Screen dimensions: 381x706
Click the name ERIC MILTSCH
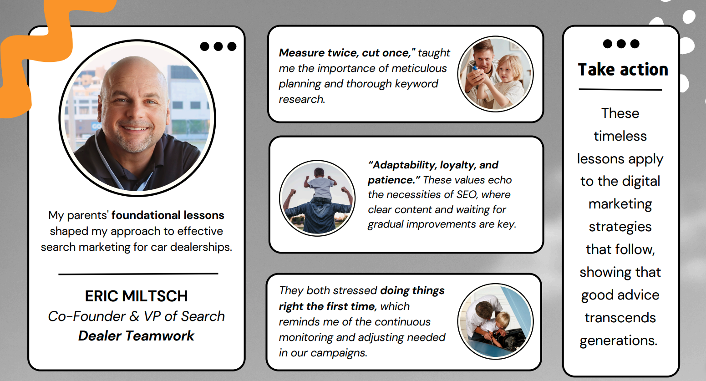[x=136, y=296]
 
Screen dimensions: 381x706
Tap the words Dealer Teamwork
[x=136, y=336]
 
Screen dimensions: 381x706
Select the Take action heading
[x=623, y=70]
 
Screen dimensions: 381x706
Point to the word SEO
[x=466, y=195]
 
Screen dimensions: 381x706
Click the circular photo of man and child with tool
[x=495, y=74]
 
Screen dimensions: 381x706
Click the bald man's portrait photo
[x=137, y=118]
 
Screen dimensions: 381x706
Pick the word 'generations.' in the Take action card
[x=618, y=340]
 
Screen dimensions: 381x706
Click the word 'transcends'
[x=620, y=318]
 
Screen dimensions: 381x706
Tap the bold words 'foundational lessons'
[x=168, y=215]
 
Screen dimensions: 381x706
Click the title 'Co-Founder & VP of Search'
[x=136, y=316]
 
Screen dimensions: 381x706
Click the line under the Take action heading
[x=620, y=90]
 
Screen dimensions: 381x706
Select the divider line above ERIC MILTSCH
[x=138, y=274]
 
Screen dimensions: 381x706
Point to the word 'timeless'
[x=620, y=136]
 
